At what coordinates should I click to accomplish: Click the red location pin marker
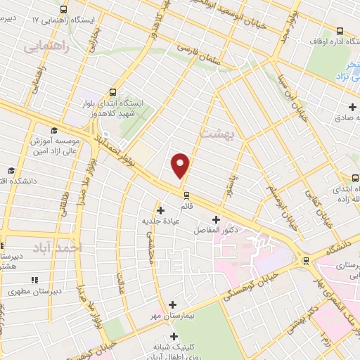[x=181, y=165]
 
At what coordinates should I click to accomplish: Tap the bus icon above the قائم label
[x=186, y=195]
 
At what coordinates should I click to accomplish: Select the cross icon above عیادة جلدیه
[x=161, y=210]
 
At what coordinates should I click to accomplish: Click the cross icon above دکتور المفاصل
[x=216, y=219]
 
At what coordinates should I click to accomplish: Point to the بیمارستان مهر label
[x=172, y=316]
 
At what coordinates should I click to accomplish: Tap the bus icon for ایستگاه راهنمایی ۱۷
[x=64, y=10]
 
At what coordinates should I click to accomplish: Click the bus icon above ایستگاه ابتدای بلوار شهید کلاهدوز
[x=112, y=92]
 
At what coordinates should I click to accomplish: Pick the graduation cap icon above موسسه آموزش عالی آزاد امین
[x=53, y=129]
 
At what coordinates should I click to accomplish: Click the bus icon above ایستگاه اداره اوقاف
[x=340, y=31]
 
